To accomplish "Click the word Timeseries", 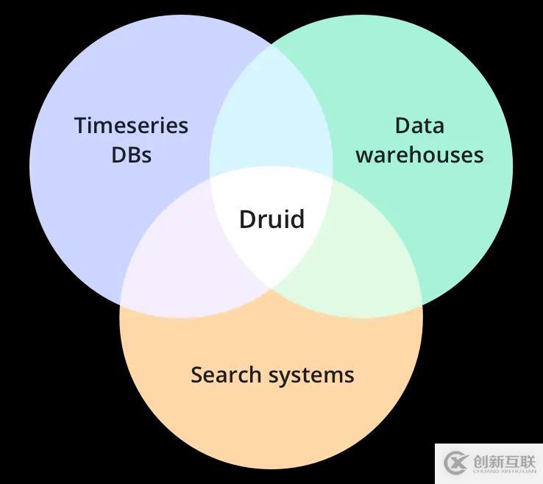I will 131,126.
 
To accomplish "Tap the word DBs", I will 131,154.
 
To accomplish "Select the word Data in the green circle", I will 419,126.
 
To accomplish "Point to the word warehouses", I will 419,155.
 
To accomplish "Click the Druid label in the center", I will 271,219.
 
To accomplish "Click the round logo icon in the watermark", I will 456,463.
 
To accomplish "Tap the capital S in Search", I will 196,374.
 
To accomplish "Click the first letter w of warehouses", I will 363,156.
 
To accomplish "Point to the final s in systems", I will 349,376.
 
